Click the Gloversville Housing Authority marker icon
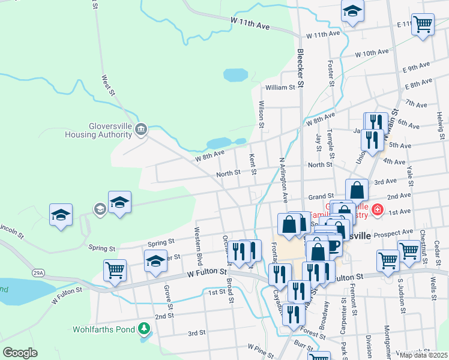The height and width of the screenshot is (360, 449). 141,129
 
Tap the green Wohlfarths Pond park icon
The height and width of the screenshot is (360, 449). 143,329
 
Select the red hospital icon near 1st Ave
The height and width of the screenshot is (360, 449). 377,209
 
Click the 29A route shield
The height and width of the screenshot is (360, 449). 38,273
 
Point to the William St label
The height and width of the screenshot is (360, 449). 280,87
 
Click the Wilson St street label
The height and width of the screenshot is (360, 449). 261,115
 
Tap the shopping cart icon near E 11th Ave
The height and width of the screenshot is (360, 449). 423,25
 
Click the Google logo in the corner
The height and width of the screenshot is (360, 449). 20,353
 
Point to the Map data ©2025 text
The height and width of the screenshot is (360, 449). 423,355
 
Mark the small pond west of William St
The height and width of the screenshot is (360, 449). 235,75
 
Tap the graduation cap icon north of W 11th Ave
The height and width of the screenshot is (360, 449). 352,11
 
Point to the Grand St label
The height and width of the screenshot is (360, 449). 321,196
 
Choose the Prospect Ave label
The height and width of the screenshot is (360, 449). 393,232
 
